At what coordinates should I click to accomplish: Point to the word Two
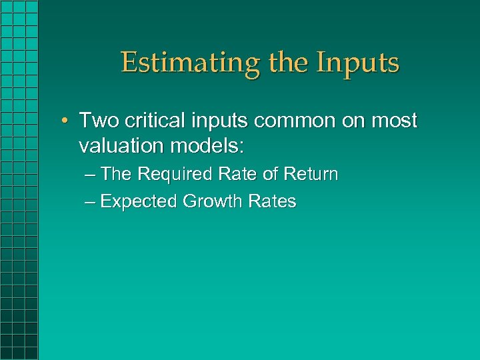tap(99, 121)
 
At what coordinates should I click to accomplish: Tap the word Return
tap(311, 175)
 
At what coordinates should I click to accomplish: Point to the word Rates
tap(272, 201)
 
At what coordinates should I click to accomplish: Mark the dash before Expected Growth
tap(91, 202)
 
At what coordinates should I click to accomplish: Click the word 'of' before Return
tap(270, 175)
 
